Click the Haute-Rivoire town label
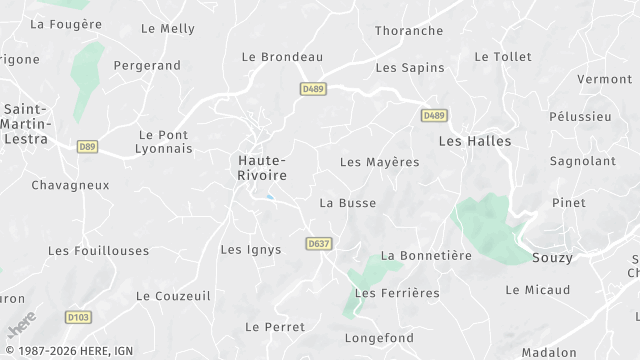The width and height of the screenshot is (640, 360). pyautogui.click(x=262, y=167)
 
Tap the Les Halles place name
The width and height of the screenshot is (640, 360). pyautogui.click(x=475, y=141)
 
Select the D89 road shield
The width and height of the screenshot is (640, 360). pyautogui.click(x=87, y=146)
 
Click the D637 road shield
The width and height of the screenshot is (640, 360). pyautogui.click(x=319, y=243)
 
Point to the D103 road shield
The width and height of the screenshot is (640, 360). pyautogui.click(x=78, y=317)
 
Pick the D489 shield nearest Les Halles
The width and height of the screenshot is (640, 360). pyautogui.click(x=433, y=116)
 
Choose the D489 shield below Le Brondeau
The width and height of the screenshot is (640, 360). pyautogui.click(x=313, y=89)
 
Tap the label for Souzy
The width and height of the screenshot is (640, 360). pyautogui.click(x=553, y=258)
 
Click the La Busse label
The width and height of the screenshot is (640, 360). pyautogui.click(x=347, y=203)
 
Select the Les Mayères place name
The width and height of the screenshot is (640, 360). pyautogui.click(x=379, y=162)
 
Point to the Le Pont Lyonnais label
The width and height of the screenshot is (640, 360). pyautogui.click(x=165, y=141)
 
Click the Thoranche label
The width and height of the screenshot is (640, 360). pyautogui.click(x=408, y=31)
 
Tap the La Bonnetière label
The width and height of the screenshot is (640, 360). pyautogui.click(x=426, y=256)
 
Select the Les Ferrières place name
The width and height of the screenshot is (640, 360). pyautogui.click(x=397, y=293)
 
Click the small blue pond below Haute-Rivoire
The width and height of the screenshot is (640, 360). pyautogui.click(x=268, y=197)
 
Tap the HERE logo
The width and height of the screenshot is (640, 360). pyautogui.click(x=20, y=325)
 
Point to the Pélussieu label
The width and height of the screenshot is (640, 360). pyautogui.click(x=580, y=117)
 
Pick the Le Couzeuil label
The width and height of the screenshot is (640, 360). pyautogui.click(x=173, y=296)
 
